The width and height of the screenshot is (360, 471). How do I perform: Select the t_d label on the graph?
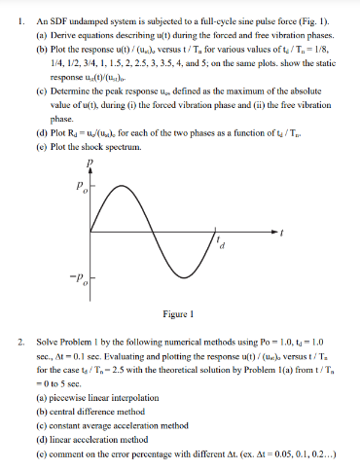222,243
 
